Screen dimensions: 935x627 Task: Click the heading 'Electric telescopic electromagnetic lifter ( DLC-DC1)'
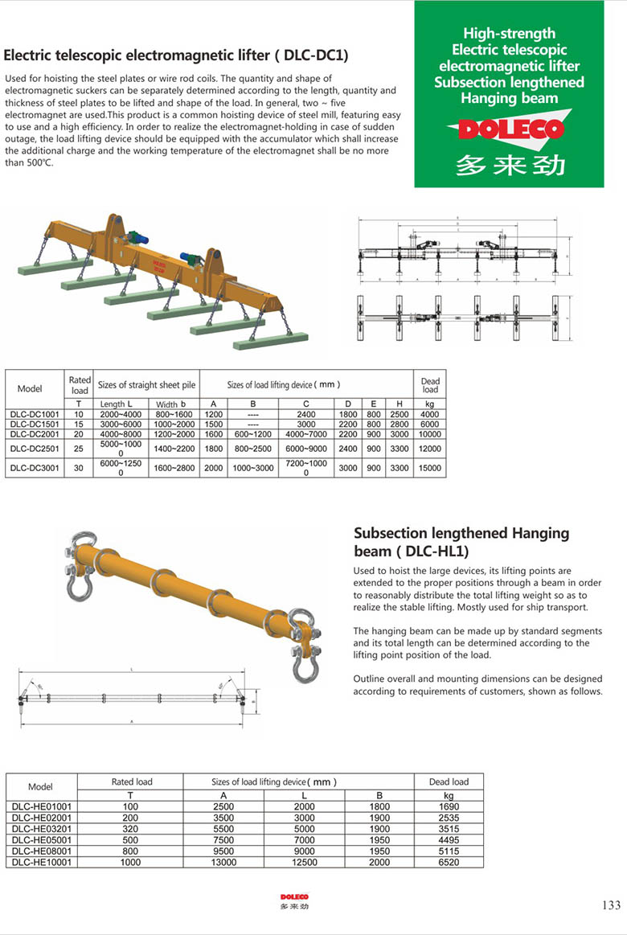(x=176, y=55)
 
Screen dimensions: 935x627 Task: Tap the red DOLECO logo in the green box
(x=510, y=129)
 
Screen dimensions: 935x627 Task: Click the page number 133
(x=611, y=905)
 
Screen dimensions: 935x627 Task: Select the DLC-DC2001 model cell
(x=35, y=434)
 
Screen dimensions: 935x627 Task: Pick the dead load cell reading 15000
(x=430, y=468)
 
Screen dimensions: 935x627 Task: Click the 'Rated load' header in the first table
(x=80, y=385)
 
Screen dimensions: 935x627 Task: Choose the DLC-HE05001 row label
(x=41, y=840)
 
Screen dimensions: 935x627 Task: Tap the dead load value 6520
(x=449, y=862)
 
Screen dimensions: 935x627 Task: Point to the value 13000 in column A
(x=223, y=862)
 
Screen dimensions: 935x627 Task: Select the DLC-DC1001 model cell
(x=35, y=414)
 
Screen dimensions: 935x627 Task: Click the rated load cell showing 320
(x=130, y=829)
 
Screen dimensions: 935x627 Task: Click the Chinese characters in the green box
(x=510, y=164)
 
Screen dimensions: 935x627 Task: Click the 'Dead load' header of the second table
(x=449, y=781)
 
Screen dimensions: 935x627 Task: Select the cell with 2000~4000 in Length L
(x=121, y=414)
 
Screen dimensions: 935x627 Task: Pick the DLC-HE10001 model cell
(x=41, y=862)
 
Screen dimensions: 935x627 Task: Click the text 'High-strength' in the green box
(x=509, y=33)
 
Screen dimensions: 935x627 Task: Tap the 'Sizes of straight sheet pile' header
(x=146, y=385)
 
